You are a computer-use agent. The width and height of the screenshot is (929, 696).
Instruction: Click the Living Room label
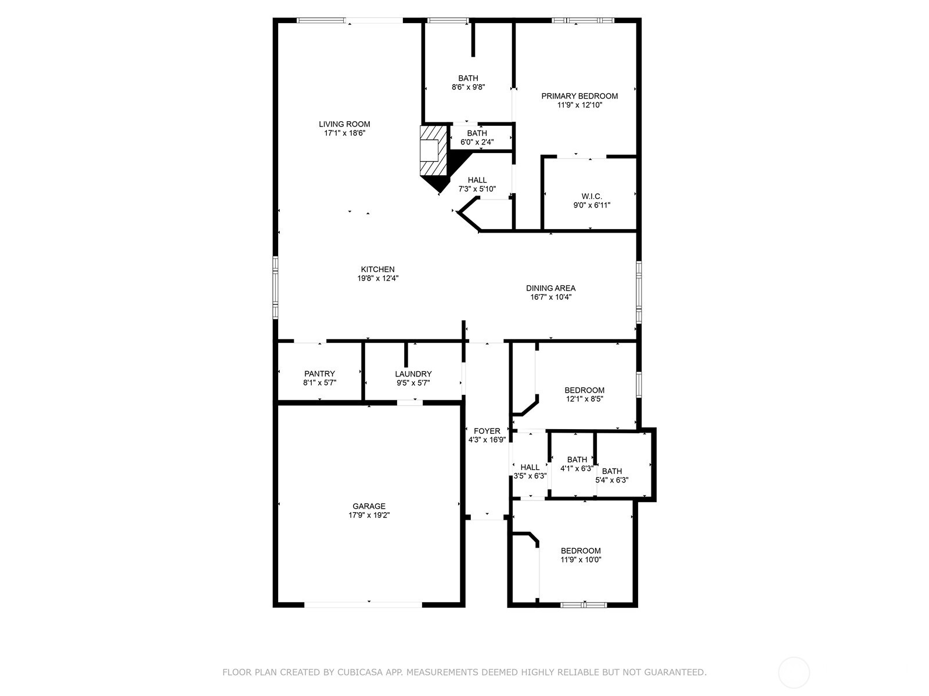pyautogui.click(x=344, y=124)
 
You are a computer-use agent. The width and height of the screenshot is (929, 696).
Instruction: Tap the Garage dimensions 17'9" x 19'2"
pyautogui.click(x=369, y=515)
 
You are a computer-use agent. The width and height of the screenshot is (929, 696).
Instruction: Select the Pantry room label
pyautogui.click(x=319, y=374)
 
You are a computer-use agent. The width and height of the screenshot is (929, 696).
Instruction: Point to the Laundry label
pyautogui.click(x=413, y=374)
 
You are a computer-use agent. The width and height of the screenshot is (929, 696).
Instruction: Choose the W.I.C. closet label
pyautogui.click(x=592, y=197)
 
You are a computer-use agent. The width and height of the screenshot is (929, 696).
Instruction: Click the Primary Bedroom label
pyautogui.click(x=579, y=96)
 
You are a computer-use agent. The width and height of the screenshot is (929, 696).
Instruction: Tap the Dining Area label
pyautogui.click(x=550, y=288)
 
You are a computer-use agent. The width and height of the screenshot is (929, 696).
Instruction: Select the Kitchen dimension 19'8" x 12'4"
pyautogui.click(x=377, y=278)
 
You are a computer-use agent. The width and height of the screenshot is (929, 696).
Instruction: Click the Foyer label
pyautogui.click(x=487, y=431)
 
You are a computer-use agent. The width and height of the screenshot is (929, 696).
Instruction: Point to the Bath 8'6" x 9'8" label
pyautogui.click(x=468, y=78)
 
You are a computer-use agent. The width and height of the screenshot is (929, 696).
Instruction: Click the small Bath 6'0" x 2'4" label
pyautogui.click(x=477, y=133)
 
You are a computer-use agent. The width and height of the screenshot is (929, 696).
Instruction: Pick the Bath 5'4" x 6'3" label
pyautogui.click(x=612, y=472)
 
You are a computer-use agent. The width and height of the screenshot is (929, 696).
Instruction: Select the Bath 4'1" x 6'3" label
pyautogui.click(x=577, y=460)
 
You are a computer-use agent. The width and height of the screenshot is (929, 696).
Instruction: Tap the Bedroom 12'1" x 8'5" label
pyautogui.click(x=585, y=390)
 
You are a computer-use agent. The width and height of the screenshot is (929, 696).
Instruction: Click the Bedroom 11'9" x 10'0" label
pyautogui.click(x=581, y=551)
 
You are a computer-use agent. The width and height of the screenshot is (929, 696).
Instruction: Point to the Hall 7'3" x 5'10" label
pyautogui.click(x=477, y=180)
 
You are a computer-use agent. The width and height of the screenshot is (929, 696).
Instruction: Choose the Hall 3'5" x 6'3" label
pyautogui.click(x=530, y=467)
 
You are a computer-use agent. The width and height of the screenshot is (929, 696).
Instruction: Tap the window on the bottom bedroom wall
pyautogui.click(x=584, y=605)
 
